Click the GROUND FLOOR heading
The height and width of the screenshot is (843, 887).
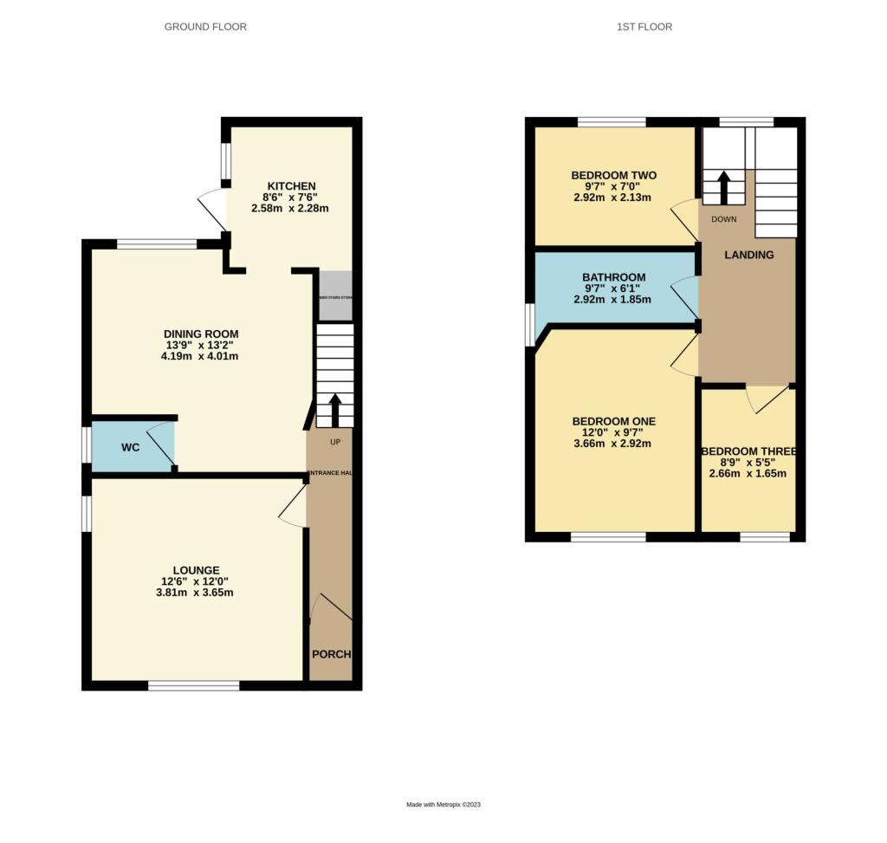pos(205,27)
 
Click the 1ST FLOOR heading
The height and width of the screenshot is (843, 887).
pos(644,27)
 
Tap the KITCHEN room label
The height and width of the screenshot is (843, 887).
pos(291,186)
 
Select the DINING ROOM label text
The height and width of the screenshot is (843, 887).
pos(201,334)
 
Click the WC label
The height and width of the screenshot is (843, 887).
pos(130,448)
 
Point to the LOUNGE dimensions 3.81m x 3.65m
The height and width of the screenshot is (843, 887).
pos(195,593)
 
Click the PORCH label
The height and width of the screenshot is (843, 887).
pos(331,653)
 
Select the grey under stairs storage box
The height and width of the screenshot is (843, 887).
pos(335,295)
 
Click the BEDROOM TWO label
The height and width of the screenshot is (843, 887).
pos(613,176)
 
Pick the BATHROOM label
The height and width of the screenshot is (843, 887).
pos(613,277)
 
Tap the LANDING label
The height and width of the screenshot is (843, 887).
pos(749,255)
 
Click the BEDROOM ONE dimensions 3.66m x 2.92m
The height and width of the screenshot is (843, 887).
pos(613,444)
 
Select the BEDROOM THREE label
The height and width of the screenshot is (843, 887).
pos(748,451)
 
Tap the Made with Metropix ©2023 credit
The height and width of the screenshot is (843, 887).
pos(443,805)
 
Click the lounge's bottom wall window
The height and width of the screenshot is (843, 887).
pos(193,685)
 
